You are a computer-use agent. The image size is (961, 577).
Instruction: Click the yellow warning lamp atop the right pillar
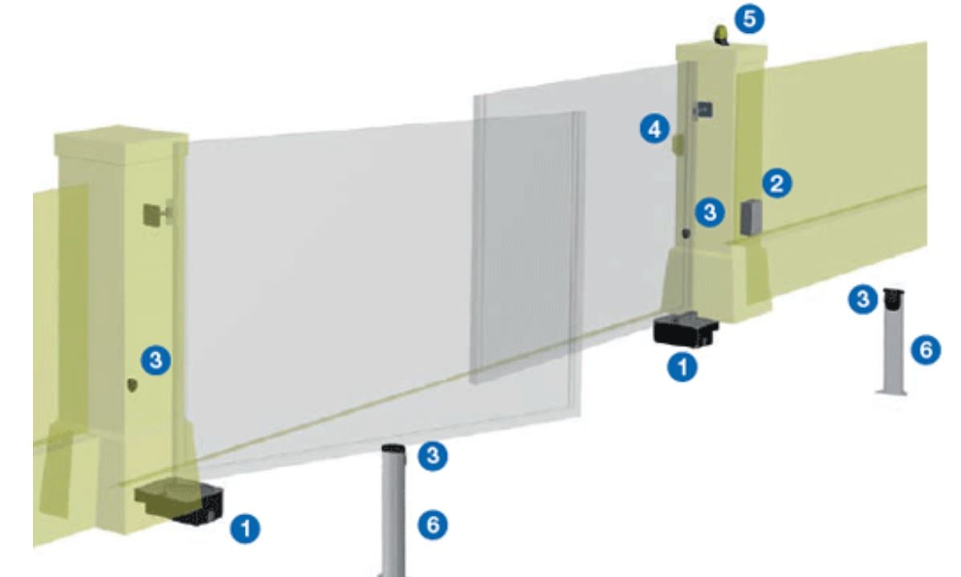[722, 35]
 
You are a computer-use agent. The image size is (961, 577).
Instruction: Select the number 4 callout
[655, 129]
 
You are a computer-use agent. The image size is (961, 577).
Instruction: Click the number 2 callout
[777, 183]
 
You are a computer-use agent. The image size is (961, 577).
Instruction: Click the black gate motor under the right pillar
[686, 329]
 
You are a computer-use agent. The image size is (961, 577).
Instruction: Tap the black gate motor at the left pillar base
[180, 502]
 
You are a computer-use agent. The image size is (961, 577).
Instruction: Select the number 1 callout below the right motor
[682, 367]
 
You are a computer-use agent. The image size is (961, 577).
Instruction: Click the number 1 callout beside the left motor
[245, 529]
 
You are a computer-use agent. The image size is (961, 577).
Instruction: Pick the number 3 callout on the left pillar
[156, 360]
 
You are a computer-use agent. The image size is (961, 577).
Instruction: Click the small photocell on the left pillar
[132, 385]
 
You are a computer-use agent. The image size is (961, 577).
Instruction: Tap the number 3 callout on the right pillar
[710, 213]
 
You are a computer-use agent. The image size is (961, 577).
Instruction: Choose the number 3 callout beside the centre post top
[433, 455]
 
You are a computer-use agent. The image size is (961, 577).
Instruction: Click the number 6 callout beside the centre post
[433, 525]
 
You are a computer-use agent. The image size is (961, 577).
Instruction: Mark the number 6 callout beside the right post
[926, 350]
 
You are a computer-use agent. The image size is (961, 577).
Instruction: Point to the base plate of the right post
[892, 391]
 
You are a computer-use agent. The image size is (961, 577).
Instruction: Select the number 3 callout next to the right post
[863, 299]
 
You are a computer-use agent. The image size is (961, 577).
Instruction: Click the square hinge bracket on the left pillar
[152, 214]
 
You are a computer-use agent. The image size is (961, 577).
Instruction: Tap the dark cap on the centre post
[393, 452]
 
